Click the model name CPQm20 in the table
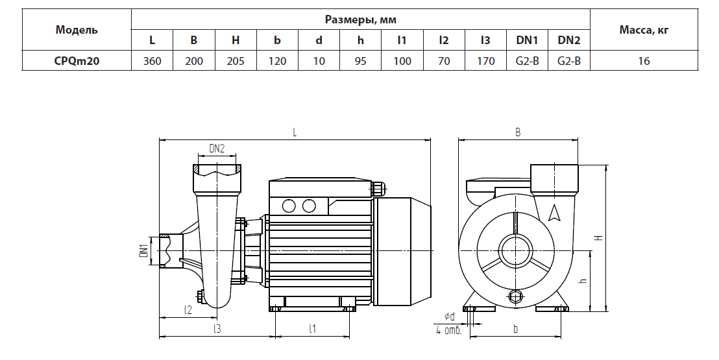(77, 61)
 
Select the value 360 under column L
(152, 61)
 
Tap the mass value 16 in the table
(644, 61)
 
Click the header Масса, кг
(644, 30)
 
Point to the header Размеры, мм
(361, 19)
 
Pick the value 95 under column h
(361, 61)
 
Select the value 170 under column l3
(485, 61)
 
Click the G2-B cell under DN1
(527, 61)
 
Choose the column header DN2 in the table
(568, 40)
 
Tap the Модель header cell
(77, 30)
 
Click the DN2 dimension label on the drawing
(217, 148)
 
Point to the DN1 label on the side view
(144, 250)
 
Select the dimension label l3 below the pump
(217, 329)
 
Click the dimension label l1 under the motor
(312, 329)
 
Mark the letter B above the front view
(518, 132)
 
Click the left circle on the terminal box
(288, 206)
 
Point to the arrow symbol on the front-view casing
(554, 212)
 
